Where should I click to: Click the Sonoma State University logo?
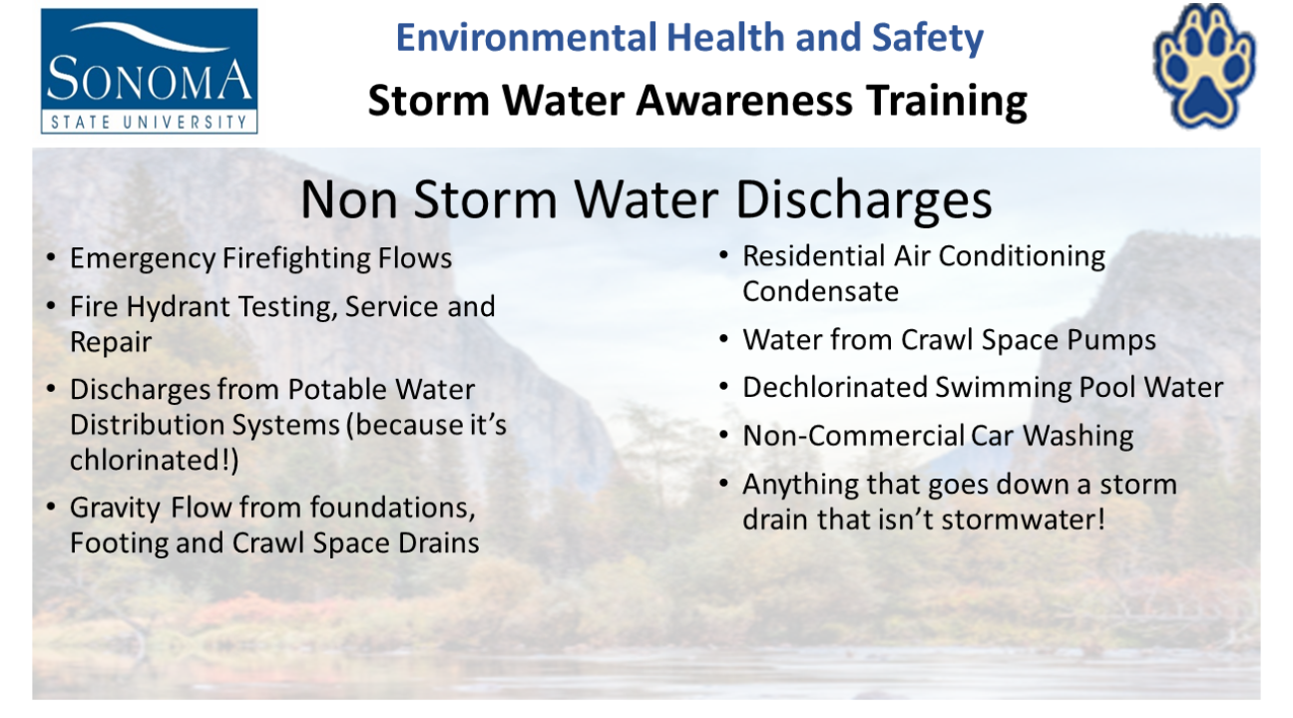coord(149,71)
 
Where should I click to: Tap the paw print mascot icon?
coord(1203,65)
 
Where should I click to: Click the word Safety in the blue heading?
coord(928,38)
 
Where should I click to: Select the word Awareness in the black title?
coord(744,101)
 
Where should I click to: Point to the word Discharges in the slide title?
coord(864,199)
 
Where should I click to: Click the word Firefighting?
coord(296,258)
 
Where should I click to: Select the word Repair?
coord(111,342)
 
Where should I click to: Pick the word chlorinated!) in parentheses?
coord(154,461)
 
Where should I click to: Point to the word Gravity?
coord(115,509)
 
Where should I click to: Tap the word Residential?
coord(814,256)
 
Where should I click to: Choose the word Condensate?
coord(820,291)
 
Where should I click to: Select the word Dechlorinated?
coord(835,387)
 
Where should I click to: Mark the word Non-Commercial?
coord(853,436)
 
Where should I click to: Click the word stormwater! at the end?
coord(1023,520)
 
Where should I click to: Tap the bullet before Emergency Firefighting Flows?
coord(51,257)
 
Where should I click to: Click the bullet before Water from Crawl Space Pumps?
coord(724,339)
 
